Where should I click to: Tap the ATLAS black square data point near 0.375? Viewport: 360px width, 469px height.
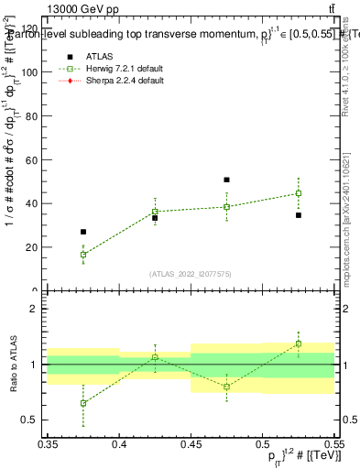pyautogui.click(x=83, y=232)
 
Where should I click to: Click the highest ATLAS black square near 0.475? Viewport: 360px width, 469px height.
pyautogui.click(x=226, y=180)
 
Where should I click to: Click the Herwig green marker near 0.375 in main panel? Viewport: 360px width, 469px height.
pyautogui.click(x=83, y=255)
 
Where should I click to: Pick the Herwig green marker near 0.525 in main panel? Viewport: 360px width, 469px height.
pyautogui.click(x=298, y=193)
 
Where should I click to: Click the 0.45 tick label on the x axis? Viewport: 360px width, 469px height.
pyautogui.click(x=191, y=444)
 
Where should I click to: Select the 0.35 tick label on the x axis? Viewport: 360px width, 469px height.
pyautogui.click(x=48, y=444)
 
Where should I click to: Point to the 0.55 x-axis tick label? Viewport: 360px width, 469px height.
pyautogui.click(x=333, y=444)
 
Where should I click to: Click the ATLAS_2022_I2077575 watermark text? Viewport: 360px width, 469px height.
pyautogui.click(x=190, y=274)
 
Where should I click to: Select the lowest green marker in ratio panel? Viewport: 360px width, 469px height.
pyautogui.click(x=83, y=403)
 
